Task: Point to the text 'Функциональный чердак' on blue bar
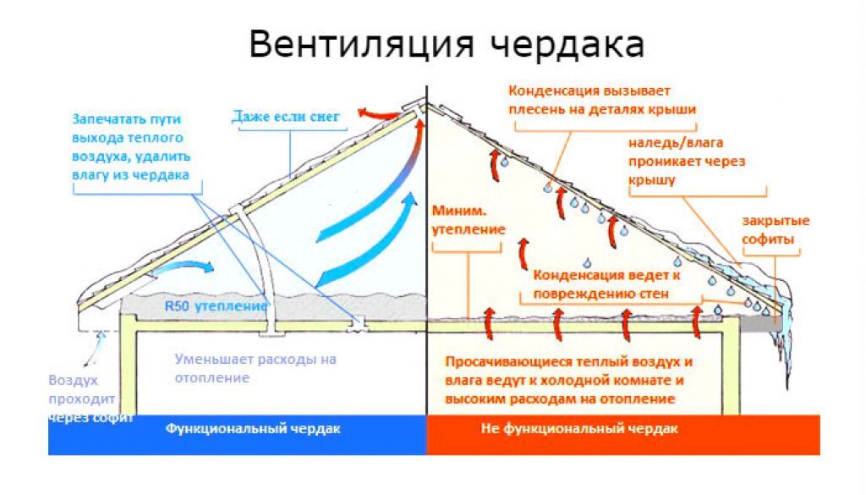253,429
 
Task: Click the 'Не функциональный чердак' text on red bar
579,429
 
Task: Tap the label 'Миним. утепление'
468,219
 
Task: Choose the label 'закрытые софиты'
776,229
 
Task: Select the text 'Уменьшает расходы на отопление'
255,368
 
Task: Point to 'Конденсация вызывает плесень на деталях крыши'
601,100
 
